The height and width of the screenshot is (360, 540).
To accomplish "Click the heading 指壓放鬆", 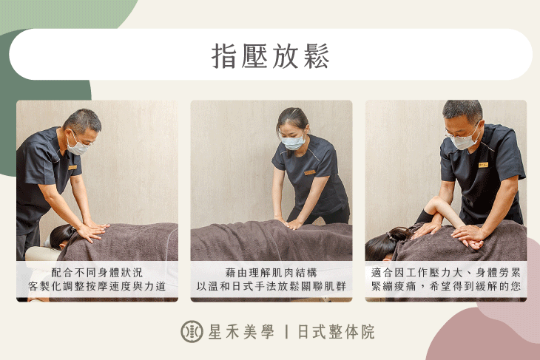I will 270,55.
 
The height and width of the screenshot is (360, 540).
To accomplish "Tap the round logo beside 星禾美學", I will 192,331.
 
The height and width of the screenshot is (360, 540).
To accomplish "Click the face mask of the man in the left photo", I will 78,146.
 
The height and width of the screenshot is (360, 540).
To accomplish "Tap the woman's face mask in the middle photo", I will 294,142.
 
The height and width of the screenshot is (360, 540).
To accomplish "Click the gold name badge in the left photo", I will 72,167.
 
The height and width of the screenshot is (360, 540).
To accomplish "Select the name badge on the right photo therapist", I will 482,164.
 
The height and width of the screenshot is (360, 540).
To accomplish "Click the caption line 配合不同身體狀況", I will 97,272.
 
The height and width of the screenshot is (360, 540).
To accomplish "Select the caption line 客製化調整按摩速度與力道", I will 97,286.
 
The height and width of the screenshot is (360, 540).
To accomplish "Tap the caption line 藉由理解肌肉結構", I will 271,272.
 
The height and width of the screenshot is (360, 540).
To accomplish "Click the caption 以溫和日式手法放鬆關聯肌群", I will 271,286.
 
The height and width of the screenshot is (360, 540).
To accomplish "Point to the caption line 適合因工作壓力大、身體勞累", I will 445,272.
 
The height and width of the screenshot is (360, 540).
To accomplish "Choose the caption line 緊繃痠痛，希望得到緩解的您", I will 445,286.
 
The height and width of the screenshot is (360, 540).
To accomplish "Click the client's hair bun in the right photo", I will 397,234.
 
